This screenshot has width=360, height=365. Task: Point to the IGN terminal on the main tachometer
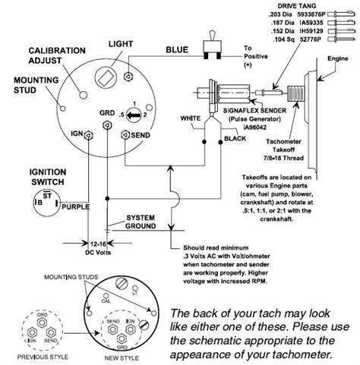pyautogui.click(x=89, y=135)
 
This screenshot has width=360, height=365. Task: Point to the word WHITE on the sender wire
pyautogui.click(x=189, y=119)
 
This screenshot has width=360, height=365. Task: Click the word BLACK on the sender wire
pyautogui.click(x=235, y=141)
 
